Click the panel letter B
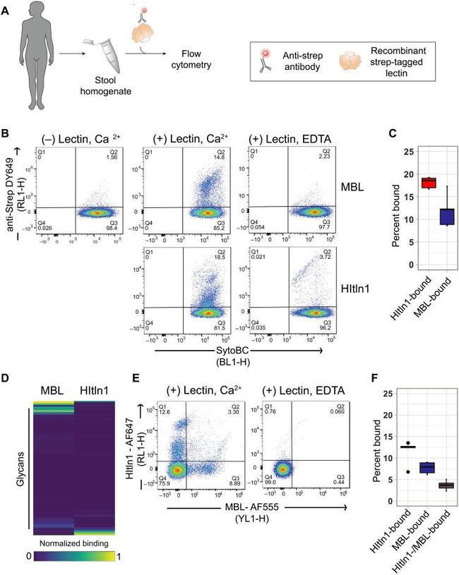click(6, 133)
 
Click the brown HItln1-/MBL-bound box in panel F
click(425, 485)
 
